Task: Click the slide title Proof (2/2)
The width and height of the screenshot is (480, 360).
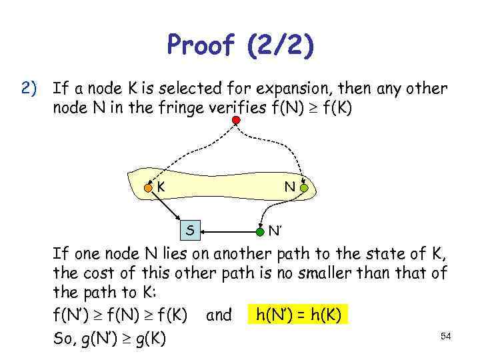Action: [x=241, y=46]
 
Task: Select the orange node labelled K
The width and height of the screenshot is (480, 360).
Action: [x=149, y=189]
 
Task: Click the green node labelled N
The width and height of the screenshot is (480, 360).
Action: [x=304, y=189]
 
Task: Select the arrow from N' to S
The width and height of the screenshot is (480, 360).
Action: [x=230, y=232]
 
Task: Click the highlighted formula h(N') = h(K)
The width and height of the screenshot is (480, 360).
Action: [x=298, y=315]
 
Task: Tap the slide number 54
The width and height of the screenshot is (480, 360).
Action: [x=446, y=337]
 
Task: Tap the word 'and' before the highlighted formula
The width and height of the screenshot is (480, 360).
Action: [x=219, y=315]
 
